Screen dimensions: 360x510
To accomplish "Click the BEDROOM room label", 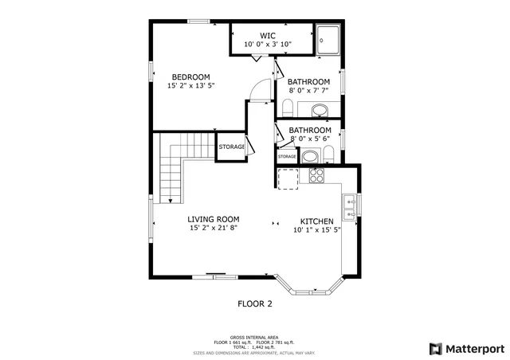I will point(190,77).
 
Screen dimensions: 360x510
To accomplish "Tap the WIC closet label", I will point(268,35).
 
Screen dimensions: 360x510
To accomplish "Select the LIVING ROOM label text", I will point(213,219).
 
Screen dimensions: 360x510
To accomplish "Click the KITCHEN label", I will point(316,221).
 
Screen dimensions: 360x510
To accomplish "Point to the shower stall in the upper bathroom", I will point(328,41).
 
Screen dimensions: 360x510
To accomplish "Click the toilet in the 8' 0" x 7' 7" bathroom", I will point(288,108).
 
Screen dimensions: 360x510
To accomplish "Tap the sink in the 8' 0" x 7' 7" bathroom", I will point(319,110).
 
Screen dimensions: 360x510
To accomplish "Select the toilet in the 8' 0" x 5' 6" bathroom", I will point(328,155).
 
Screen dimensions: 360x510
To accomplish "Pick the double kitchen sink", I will point(350,206).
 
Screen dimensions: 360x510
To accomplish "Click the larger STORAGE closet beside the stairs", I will point(232,147).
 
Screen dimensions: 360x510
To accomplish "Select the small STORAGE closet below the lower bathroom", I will point(287,157).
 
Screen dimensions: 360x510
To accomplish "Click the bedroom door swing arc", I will point(257,91).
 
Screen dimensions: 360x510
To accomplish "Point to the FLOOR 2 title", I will point(255,303).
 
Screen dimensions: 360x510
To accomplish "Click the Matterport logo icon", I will point(434,348).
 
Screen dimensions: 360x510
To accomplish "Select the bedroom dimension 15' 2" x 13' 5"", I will point(191,86).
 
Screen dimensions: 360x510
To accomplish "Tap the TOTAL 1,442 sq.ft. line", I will point(254,346).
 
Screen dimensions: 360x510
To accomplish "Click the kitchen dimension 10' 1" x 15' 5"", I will point(316,230).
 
